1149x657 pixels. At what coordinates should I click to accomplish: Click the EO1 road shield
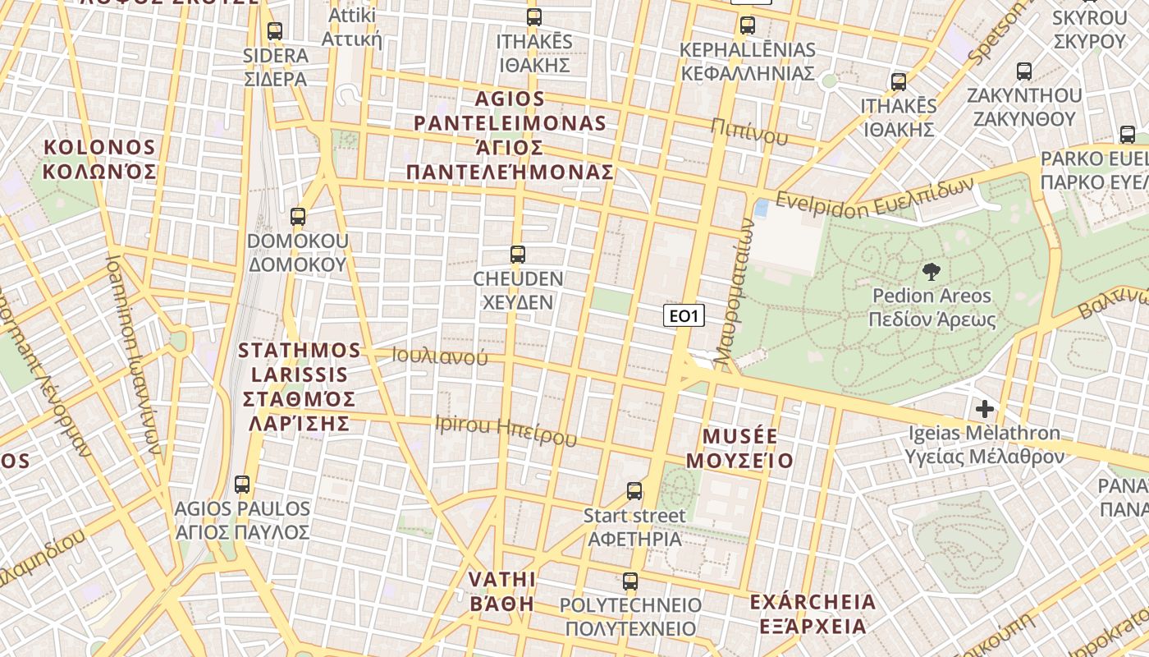pos(684,315)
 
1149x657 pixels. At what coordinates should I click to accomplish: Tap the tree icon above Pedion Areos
pos(932,272)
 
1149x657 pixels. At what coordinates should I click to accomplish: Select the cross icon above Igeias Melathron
pos(985,408)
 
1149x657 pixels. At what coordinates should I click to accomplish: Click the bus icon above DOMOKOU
pos(298,217)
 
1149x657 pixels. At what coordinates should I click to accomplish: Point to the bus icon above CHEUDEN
pos(518,255)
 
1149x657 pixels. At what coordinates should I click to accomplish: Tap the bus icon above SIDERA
pos(275,31)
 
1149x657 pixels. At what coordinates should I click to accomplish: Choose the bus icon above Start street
pos(634,491)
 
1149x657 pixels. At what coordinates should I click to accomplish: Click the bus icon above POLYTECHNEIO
pos(629,581)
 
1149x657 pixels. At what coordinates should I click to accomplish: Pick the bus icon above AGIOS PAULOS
pos(242,485)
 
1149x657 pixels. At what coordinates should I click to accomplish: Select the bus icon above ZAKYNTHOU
pos(1024,71)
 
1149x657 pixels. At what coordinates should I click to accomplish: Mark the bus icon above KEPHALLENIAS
pos(748,25)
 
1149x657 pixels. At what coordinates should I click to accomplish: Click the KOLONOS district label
pos(99,159)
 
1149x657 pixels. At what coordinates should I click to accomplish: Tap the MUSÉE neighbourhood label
pos(740,448)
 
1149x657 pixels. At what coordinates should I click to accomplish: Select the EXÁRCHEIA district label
pos(813,613)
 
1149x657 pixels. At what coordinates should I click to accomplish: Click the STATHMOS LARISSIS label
pos(300,386)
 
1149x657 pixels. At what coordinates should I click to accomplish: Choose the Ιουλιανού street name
pos(440,356)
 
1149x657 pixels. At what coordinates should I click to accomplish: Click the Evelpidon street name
pos(874,200)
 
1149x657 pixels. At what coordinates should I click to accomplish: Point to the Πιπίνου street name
pos(749,131)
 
